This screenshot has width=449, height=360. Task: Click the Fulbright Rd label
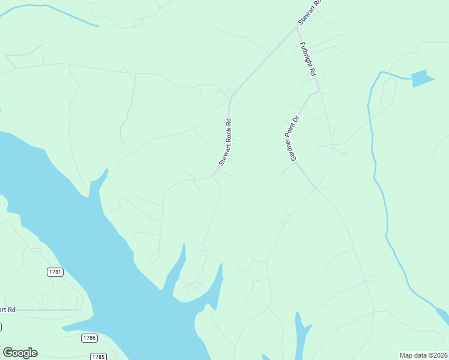[308, 58]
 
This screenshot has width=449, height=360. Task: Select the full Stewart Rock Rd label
[225, 142]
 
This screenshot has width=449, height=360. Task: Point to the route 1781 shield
[55, 272]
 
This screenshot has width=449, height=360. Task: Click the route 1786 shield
[89, 338]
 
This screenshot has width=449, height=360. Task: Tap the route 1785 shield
[98, 356]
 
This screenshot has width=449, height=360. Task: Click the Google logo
[20, 353]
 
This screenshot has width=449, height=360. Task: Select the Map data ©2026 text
[424, 355]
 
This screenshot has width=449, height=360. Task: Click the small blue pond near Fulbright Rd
[421, 79]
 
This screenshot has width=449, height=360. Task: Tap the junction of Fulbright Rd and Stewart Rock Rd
[298, 26]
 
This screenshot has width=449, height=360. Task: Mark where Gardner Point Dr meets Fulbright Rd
[319, 92]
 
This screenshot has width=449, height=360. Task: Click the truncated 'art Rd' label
[7, 310]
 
